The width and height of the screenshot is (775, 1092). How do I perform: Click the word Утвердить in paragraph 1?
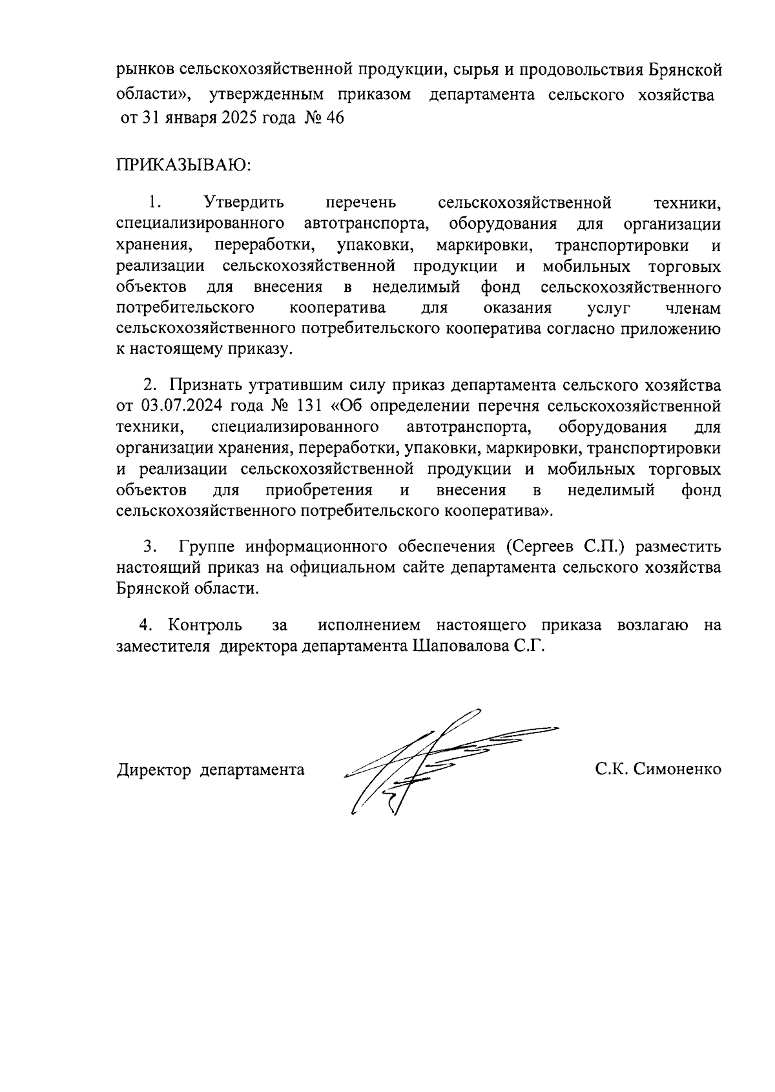pyautogui.click(x=243, y=203)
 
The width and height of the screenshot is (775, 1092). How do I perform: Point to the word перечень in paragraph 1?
pyautogui.click(x=360, y=203)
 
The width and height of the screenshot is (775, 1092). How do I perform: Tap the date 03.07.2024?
pyautogui.click(x=175, y=407)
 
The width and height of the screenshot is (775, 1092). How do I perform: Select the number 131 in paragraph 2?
pyautogui.click(x=309, y=407)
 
